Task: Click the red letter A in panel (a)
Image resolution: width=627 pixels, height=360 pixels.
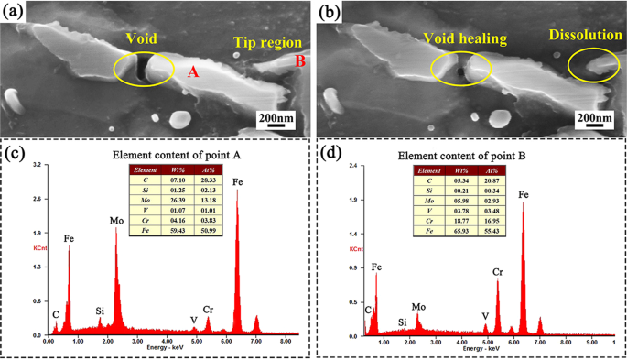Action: click(193, 71)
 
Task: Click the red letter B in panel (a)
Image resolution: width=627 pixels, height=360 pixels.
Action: click(300, 61)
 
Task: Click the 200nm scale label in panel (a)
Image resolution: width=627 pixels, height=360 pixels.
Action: click(274, 120)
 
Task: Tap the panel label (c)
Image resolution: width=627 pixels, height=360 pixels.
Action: click(17, 152)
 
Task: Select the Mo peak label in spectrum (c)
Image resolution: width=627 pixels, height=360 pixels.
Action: click(116, 221)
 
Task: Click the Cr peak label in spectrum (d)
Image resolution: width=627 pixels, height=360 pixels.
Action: click(498, 272)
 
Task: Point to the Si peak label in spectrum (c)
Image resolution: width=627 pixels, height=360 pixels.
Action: click(100, 311)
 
